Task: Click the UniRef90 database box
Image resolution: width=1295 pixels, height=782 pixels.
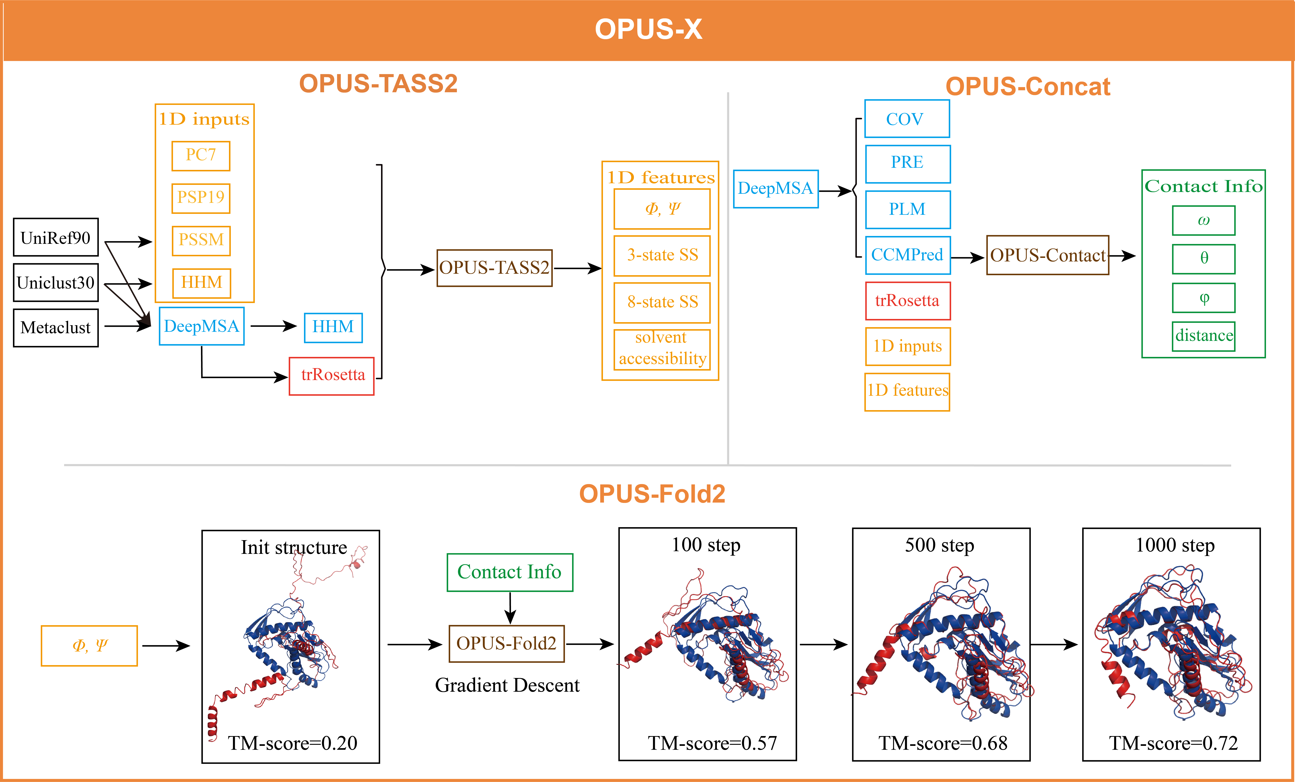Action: (x=56, y=238)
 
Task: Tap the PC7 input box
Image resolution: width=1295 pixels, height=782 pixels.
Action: (x=201, y=155)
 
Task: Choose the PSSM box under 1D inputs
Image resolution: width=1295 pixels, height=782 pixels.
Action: (x=201, y=240)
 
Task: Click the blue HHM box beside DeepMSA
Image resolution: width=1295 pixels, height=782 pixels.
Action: (x=333, y=327)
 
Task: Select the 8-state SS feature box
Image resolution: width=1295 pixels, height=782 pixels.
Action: (x=662, y=302)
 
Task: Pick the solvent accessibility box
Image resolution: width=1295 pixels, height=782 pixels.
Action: (x=662, y=348)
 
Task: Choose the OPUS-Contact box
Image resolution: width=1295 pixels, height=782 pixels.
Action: (x=1048, y=255)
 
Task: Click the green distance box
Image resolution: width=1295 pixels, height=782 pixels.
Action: (x=1203, y=336)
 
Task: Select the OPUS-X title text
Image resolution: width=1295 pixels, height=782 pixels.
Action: (x=648, y=29)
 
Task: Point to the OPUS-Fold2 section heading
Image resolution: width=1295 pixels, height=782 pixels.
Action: (x=652, y=494)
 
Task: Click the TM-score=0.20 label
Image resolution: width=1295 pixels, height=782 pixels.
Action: (x=292, y=743)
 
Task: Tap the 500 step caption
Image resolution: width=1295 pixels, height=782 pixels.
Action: (x=939, y=545)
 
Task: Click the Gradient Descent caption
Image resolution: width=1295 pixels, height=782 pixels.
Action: (x=507, y=685)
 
